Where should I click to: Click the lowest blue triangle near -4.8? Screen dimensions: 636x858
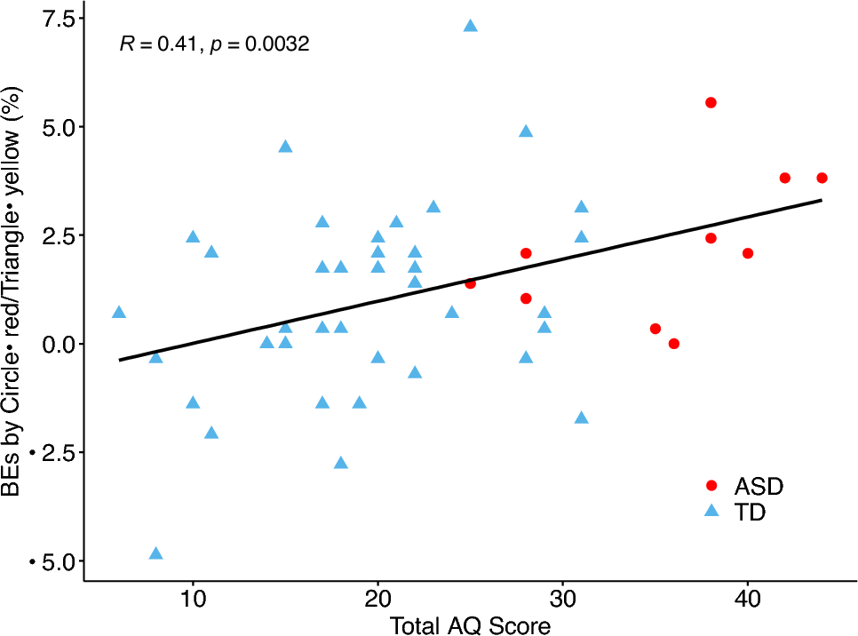(156, 553)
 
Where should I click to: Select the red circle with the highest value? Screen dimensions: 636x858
(711, 103)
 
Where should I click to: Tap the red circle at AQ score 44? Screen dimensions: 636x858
(822, 178)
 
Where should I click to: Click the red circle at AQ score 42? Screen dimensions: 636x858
(785, 178)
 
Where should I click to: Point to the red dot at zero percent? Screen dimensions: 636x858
(674, 344)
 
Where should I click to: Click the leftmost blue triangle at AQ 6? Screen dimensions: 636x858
(119, 313)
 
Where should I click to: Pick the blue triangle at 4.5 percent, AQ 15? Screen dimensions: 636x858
(285, 147)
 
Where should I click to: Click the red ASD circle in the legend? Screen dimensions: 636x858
(711, 486)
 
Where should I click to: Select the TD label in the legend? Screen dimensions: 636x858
(750, 513)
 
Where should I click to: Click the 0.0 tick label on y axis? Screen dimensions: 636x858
(54, 344)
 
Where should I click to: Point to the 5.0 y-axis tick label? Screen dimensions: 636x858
(54, 126)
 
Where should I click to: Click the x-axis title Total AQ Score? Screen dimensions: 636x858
(470, 625)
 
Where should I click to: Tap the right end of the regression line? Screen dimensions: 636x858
(821, 200)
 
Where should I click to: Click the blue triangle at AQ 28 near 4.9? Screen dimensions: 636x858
(526, 131)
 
